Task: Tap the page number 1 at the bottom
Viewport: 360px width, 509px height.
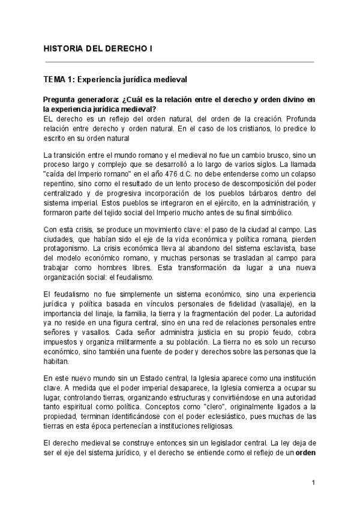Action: (314, 483)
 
